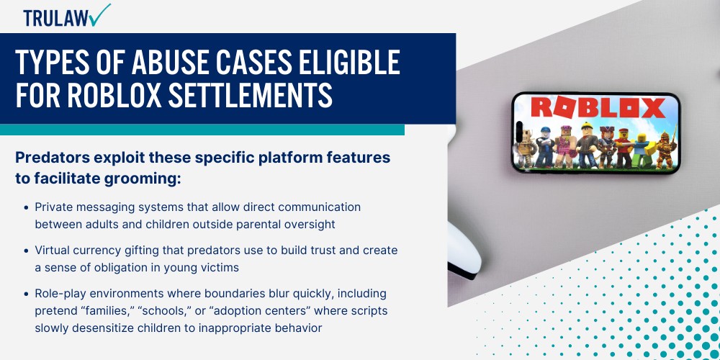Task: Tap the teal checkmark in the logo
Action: tap(101, 14)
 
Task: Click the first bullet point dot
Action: tap(27, 207)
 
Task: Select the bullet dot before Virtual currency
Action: tap(27, 251)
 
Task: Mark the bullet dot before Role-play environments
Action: tap(27, 294)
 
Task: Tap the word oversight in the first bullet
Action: tap(309, 224)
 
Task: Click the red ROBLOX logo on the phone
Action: tap(597, 109)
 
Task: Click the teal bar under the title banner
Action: tap(202, 130)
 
